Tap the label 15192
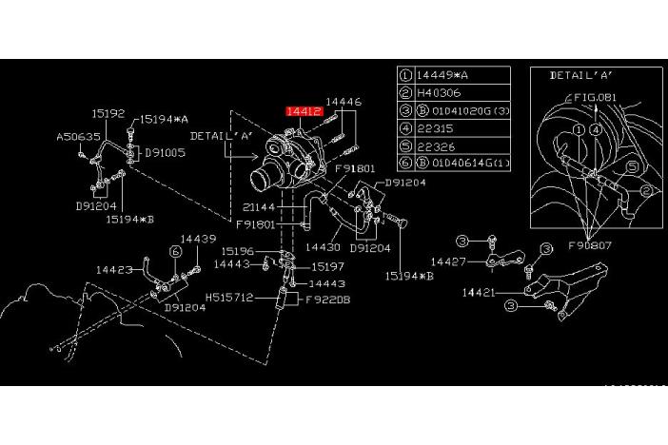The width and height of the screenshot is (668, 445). (108, 113)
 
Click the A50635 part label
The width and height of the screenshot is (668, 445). (77, 137)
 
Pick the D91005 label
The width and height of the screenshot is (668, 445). (165, 152)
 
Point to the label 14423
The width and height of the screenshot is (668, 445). (113, 269)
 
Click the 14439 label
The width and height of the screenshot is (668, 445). (199, 239)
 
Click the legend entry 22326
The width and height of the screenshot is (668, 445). (436, 146)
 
